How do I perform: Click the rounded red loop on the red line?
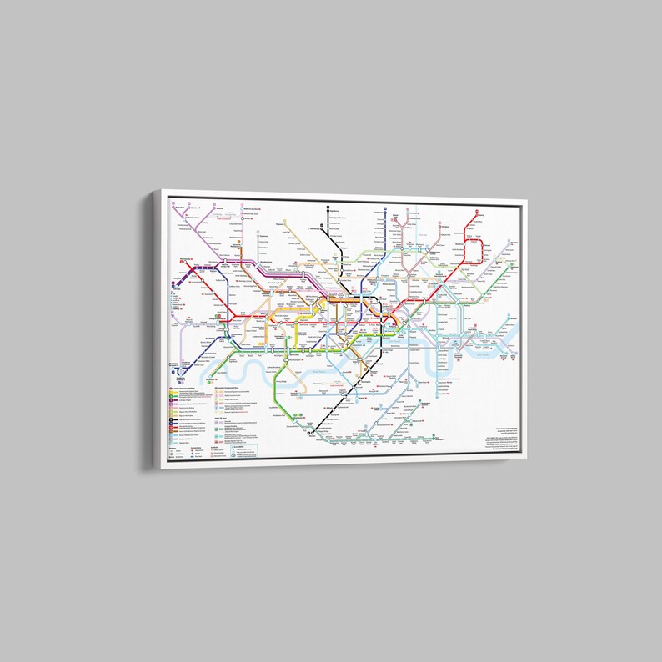click(474, 250)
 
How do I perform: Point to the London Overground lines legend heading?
click(229, 389)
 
